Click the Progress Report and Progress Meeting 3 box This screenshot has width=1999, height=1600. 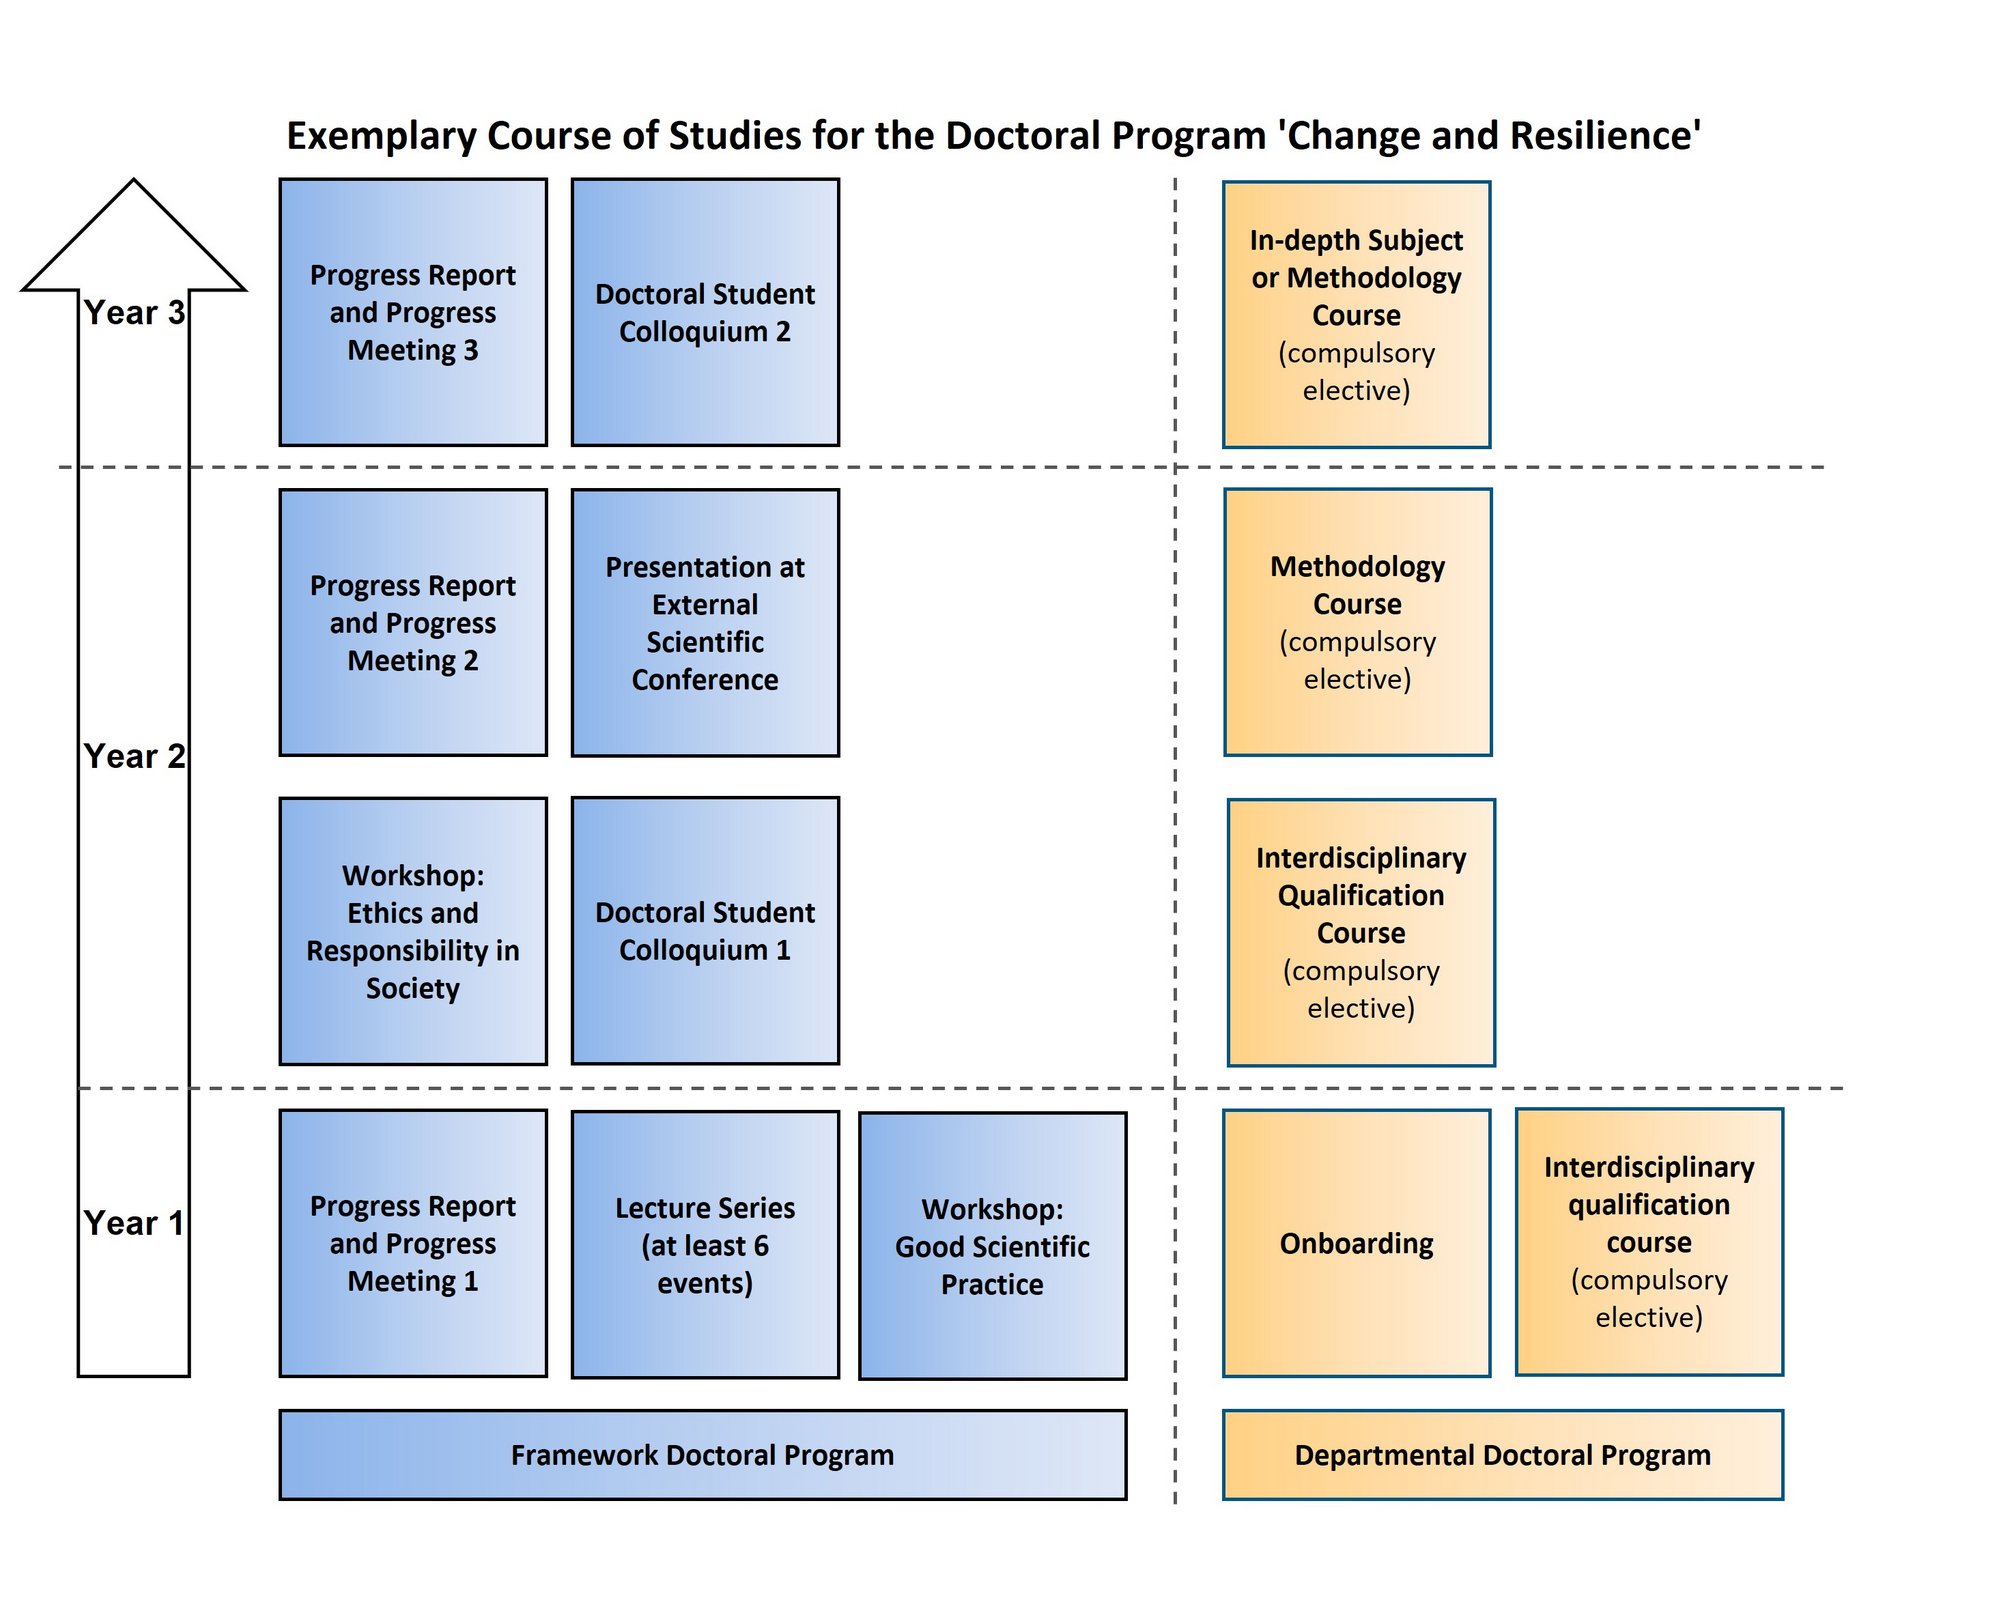(x=413, y=312)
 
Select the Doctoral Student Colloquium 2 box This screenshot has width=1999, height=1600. (x=705, y=312)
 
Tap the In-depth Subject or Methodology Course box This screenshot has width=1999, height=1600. (x=1356, y=314)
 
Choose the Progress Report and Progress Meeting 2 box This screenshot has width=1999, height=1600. (x=413, y=622)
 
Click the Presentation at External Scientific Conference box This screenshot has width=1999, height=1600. (x=705, y=622)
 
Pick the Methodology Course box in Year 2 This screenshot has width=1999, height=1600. (x=1357, y=622)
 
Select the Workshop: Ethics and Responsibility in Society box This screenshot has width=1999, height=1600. (x=413, y=931)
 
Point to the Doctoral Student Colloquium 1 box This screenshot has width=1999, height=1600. (x=705, y=931)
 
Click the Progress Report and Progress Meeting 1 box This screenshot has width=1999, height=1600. (x=413, y=1243)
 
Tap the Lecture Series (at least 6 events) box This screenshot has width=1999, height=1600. (x=705, y=1245)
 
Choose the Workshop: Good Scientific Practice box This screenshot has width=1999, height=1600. (x=992, y=1246)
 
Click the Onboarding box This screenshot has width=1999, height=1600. (x=1356, y=1243)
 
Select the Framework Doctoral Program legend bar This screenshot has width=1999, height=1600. (x=702, y=1455)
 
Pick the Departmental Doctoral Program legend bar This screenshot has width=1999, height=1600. (x=1502, y=1455)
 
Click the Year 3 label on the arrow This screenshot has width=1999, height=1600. (x=134, y=313)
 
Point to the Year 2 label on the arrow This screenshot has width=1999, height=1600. (x=134, y=756)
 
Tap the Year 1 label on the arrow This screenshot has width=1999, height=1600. (x=134, y=1223)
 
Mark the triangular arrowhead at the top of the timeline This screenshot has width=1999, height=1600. (x=134, y=240)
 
